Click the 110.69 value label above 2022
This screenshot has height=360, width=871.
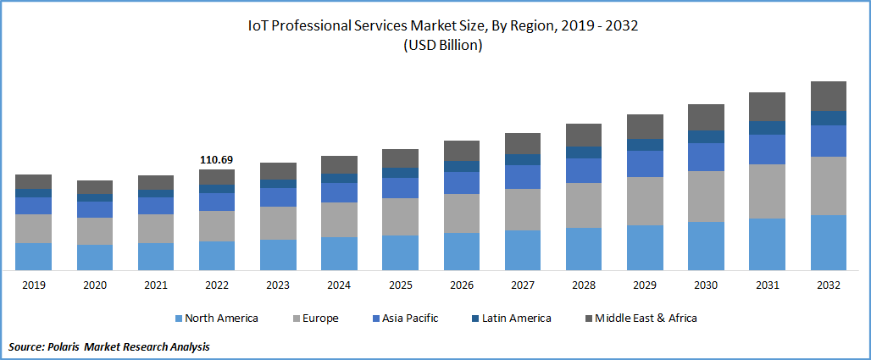[x=217, y=159]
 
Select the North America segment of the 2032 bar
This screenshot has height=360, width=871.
[x=829, y=242]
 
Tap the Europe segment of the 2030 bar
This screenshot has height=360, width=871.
[x=706, y=197]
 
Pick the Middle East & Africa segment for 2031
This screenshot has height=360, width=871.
[x=767, y=107]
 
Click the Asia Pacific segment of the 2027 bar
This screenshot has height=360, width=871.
[x=523, y=176]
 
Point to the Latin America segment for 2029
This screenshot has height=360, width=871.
[x=645, y=145]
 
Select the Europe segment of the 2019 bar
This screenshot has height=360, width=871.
[x=34, y=229]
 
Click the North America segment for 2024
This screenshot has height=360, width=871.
[x=339, y=253]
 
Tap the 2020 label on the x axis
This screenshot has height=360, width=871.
[x=95, y=285]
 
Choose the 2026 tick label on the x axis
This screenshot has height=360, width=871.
[x=462, y=285]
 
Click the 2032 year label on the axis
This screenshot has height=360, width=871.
[x=829, y=285]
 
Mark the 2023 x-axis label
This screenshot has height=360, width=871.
[x=278, y=285]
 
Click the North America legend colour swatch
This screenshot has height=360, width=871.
[x=179, y=318]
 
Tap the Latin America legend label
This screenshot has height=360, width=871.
[x=516, y=318]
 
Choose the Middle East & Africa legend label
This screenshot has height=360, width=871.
[x=646, y=318]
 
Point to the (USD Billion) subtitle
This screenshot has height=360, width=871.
[x=442, y=46]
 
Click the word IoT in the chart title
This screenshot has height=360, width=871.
[x=258, y=26]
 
